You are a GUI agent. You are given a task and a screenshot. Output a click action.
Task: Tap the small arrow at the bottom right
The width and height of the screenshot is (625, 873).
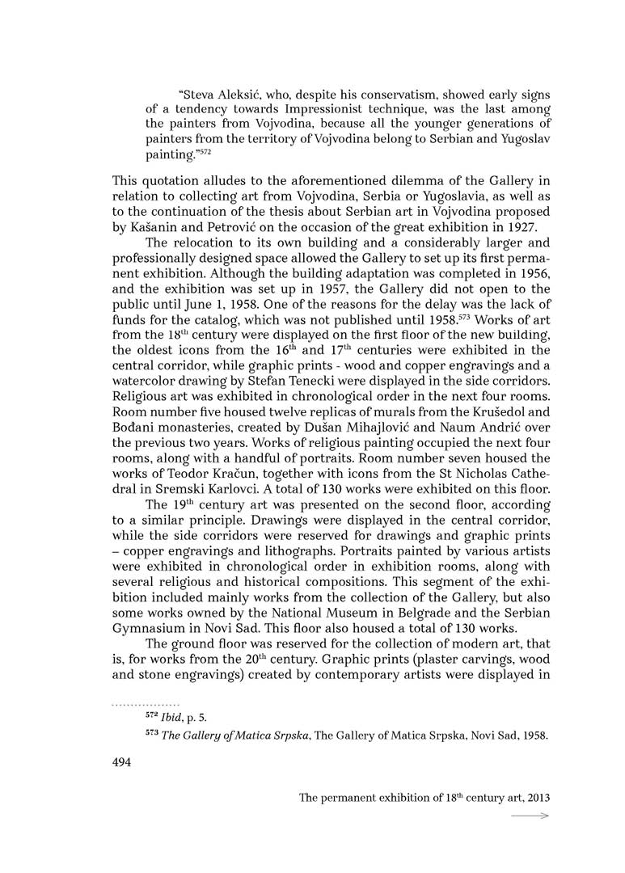click(x=530, y=816)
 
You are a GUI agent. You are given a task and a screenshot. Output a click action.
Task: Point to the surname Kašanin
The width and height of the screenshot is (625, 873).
click(x=144, y=205)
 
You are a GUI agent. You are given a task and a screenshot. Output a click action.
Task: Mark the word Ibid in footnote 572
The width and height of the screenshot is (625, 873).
click(x=171, y=715)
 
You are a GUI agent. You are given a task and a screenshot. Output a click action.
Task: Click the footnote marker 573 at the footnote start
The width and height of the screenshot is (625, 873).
click(x=152, y=734)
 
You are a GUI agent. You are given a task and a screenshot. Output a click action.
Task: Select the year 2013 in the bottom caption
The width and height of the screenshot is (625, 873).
click(x=536, y=798)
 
